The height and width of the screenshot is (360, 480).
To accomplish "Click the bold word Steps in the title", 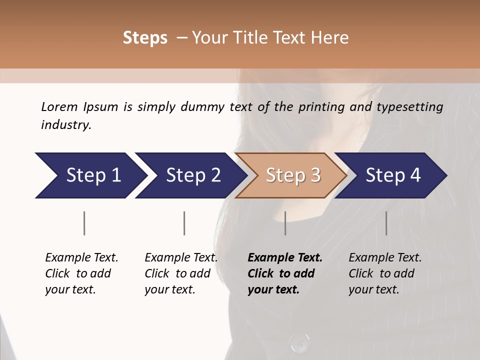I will (x=145, y=38).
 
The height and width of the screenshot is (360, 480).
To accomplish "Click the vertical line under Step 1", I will (x=84, y=223).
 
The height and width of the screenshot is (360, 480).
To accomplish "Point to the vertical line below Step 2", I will (x=184, y=223).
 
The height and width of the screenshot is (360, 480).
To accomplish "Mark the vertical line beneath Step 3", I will (x=285, y=223).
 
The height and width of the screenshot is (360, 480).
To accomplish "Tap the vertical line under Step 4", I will (x=386, y=223).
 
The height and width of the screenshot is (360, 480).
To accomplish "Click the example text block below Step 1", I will (x=81, y=273).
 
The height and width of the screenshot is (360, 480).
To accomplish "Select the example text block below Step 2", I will (x=181, y=273).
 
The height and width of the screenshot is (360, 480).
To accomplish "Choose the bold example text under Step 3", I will (x=285, y=273).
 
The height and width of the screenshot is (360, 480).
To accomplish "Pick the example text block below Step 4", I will (x=385, y=273).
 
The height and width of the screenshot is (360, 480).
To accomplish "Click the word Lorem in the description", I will (x=59, y=106).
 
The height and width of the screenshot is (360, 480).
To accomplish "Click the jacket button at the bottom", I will (x=299, y=342).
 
